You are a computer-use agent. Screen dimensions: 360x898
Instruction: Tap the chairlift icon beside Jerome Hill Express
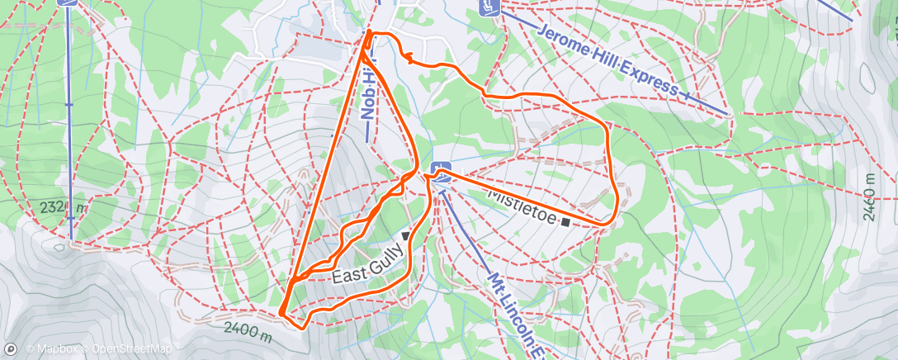489,7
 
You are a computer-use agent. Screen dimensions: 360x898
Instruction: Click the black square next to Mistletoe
565,221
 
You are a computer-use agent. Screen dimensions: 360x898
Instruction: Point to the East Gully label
366,265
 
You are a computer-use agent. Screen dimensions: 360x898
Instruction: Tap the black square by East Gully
406,236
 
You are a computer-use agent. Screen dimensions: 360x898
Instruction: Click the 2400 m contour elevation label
246,332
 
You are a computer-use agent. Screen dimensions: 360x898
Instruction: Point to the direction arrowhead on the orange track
407,55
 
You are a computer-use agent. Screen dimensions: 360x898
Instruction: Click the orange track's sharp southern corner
282,314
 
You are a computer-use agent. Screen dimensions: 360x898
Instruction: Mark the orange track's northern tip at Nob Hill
368,33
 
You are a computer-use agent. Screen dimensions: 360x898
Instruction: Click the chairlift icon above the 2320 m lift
68,2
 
